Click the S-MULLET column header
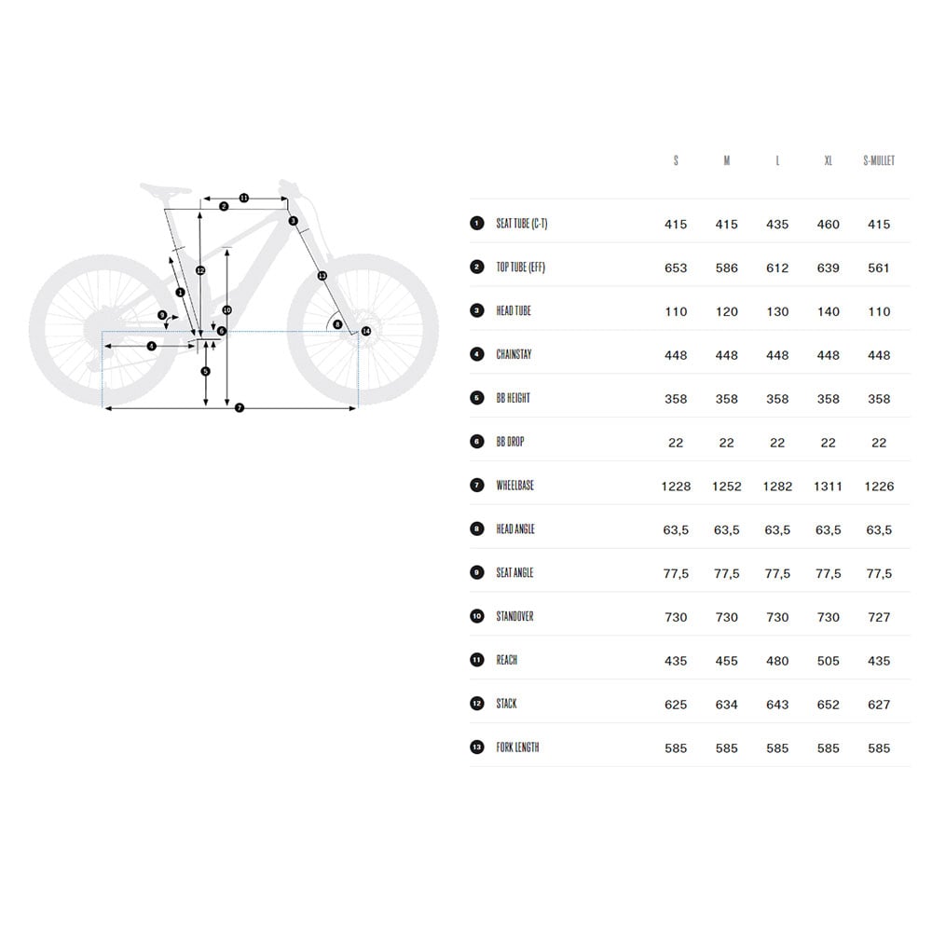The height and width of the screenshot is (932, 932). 879,160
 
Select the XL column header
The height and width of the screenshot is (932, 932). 828,160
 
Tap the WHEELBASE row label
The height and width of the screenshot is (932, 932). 514,485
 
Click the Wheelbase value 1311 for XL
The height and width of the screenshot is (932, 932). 828,487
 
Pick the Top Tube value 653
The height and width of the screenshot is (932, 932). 676,268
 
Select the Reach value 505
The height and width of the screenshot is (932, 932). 828,661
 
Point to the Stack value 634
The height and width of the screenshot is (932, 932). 726,705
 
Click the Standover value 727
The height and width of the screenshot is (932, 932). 879,617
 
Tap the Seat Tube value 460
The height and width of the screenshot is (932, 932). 828,224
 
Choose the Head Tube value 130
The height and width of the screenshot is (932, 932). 777,311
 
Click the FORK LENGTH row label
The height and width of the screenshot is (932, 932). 517,747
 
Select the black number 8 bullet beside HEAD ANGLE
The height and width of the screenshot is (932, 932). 476,528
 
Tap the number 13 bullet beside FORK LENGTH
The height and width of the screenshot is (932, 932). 476,747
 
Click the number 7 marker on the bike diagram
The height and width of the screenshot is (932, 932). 240,408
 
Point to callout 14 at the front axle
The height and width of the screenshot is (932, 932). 366,331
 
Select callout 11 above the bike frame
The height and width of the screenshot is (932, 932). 243,198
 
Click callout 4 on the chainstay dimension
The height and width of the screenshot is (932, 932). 152,346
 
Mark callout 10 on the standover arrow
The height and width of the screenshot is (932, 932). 226,310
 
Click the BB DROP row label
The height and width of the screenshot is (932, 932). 510,442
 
